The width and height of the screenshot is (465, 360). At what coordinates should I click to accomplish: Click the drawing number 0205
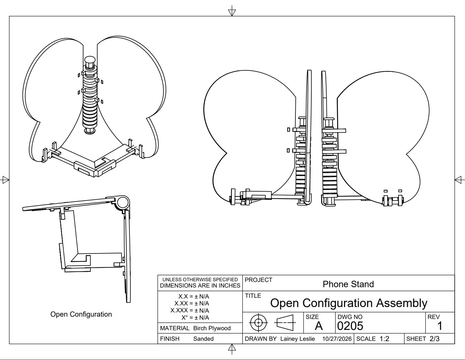tap(350, 326)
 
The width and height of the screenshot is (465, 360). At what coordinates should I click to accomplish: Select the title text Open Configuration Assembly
tap(349, 303)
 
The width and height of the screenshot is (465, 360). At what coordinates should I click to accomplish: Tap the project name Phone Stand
tap(348, 284)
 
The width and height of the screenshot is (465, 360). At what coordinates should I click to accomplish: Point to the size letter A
tap(319, 326)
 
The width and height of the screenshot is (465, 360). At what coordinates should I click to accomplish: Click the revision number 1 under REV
tap(440, 326)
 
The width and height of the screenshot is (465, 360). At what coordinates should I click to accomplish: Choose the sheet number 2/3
tap(435, 339)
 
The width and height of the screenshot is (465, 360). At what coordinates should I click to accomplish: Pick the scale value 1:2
tap(384, 339)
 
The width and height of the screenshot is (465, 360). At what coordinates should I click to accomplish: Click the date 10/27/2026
tap(337, 339)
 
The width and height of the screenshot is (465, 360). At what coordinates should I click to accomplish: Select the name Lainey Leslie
tap(297, 339)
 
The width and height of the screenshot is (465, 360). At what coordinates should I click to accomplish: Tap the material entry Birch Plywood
tap(212, 328)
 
